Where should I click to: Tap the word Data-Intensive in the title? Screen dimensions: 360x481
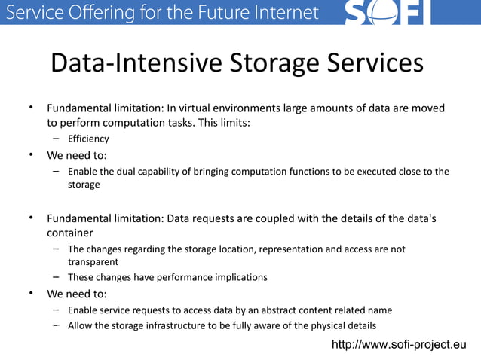pos(133,63)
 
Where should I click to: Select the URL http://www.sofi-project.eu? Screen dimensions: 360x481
pos(399,345)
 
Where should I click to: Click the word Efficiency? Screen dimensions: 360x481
pos(88,139)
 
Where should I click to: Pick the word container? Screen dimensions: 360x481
pos(70,233)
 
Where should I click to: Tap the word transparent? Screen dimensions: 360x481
pos(93,262)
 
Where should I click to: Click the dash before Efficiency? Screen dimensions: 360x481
pos(57,139)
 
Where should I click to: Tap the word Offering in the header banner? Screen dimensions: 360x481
pos(84,12)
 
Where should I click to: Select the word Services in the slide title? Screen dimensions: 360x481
pos(378,63)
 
